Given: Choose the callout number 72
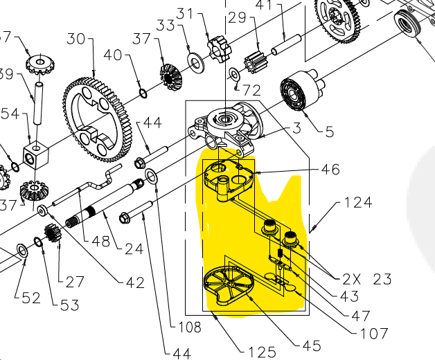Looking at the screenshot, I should (x=251, y=91).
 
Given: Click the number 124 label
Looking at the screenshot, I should (x=357, y=203).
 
